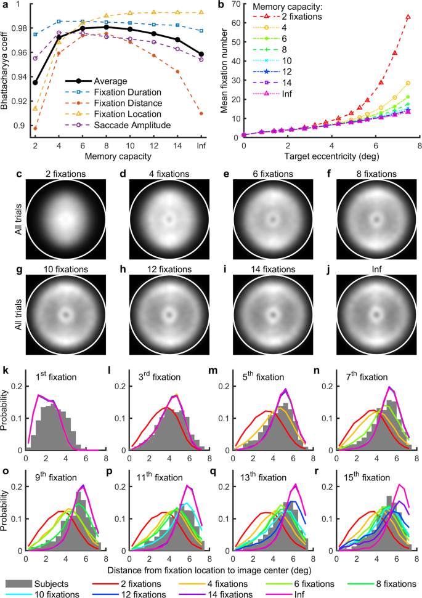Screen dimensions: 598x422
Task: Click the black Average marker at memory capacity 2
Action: tap(34, 83)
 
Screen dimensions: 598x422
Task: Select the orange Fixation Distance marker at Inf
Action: tap(201, 113)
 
